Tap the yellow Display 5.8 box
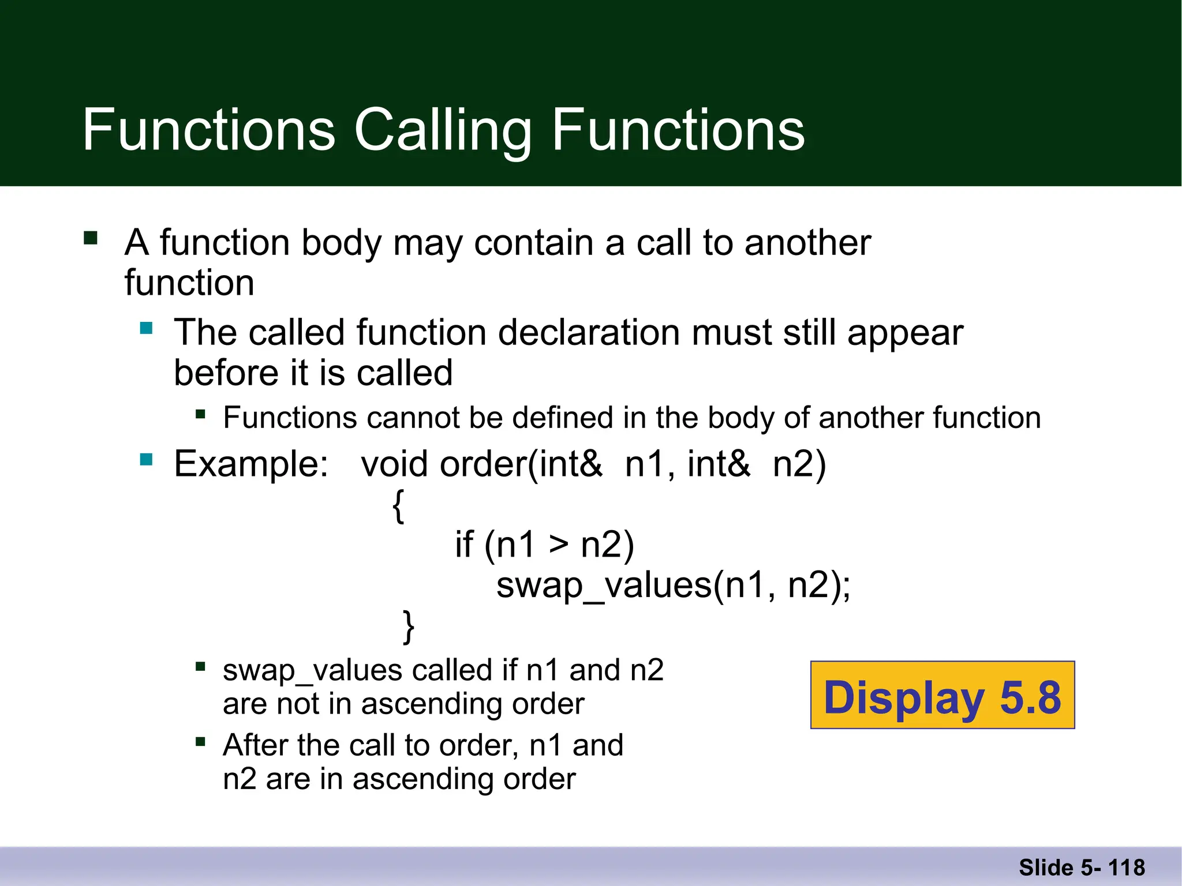[x=942, y=696]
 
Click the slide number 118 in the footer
[x=1127, y=868]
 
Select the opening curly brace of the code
[x=398, y=506]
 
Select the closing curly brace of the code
[x=408, y=626]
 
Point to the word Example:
[x=251, y=464]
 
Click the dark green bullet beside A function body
[x=91, y=238]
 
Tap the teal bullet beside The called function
[x=146, y=329]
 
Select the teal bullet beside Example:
[x=146, y=460]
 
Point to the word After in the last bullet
[x=255, y=745]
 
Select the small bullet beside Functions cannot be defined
[x=200, y=414]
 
